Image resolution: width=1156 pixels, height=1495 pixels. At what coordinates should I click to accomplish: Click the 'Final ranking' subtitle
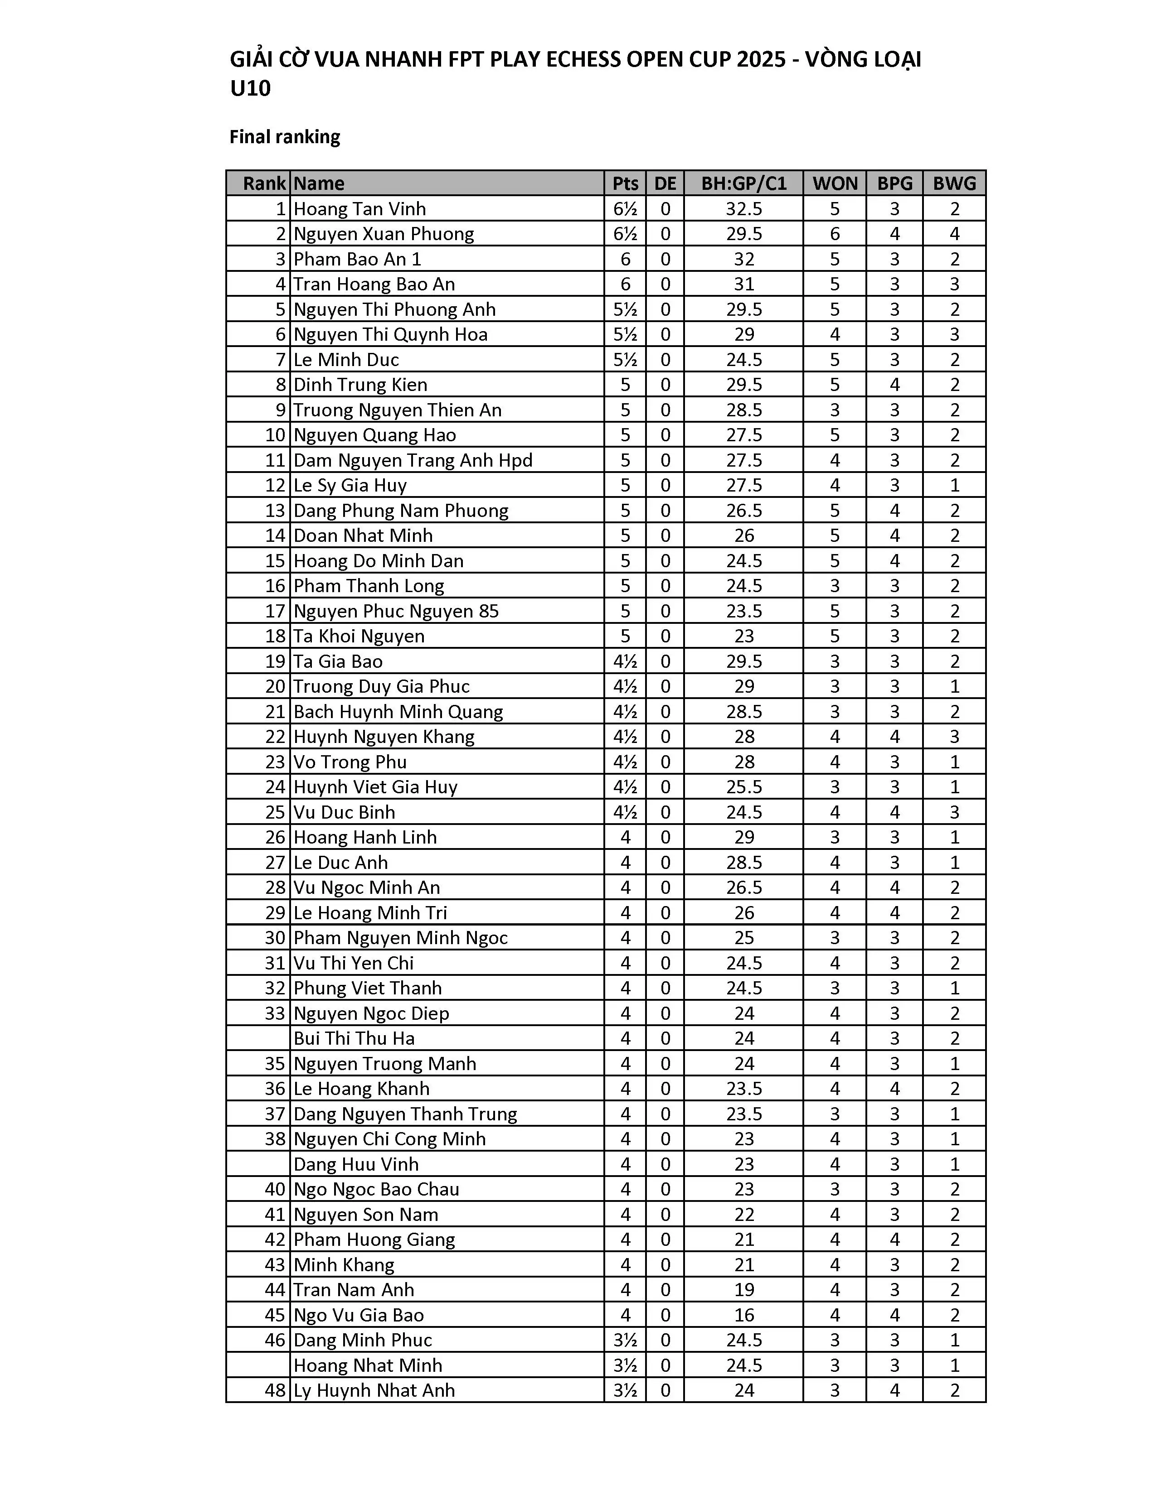tap(284, 137)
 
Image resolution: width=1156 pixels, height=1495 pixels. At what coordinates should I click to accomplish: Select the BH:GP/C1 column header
tap(744, 183)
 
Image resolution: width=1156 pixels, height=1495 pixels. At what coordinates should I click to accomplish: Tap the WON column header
tap(834, 183)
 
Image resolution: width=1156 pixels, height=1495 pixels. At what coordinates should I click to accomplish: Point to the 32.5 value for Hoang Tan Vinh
tap(744, 209)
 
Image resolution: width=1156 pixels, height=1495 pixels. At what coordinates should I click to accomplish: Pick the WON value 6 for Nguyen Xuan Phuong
tap(834, 234)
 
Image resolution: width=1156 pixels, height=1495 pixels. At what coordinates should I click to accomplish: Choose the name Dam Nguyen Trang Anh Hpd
tap(413, 460)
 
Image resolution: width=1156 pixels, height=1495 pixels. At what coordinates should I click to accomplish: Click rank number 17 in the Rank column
tap(275, 611)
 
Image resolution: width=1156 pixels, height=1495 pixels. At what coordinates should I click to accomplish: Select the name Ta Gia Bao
tap(338, 661)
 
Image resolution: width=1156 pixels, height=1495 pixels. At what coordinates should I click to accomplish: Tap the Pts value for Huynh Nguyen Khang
tap(625, 737)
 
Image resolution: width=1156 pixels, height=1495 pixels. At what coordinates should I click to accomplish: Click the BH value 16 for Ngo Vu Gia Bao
tap(744, 1315)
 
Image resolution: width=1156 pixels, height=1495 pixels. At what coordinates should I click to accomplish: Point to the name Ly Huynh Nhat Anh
tap(374, 1390)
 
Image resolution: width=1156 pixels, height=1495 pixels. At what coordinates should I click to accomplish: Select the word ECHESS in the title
tap(590, 59)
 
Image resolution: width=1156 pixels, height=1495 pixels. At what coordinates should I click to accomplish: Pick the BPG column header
tap(894, 183)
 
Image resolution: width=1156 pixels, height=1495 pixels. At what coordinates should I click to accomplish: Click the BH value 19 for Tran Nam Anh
tap(744, 1290)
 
